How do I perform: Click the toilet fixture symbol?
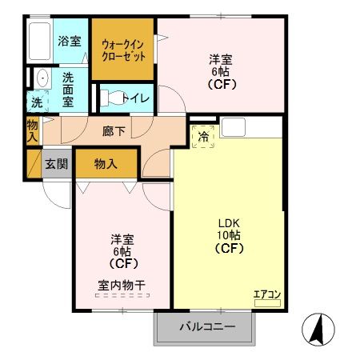tap(113, 98)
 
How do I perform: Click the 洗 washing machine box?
tap(37, 102)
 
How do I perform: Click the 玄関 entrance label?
tap(56, 164)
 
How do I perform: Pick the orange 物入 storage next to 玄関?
tap(106, 164)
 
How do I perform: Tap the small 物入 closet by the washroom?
tap(32, 131)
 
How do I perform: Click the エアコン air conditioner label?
tap(267, 294)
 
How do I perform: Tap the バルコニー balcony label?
tap(206, 326)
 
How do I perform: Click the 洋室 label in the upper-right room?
tap(221, 58)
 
